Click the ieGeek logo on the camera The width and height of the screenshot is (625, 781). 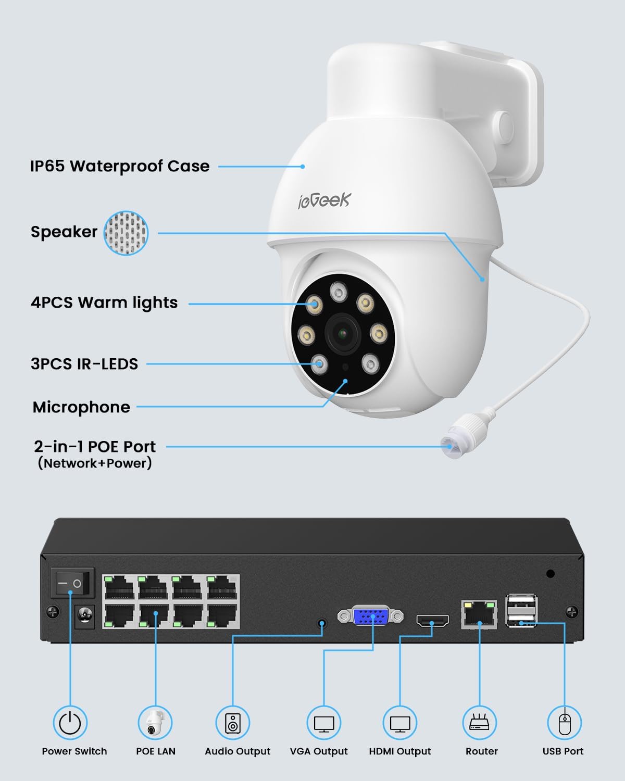[324, 200]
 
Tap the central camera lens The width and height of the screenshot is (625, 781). [343, 332]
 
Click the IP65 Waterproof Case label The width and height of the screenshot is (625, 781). [120, 166]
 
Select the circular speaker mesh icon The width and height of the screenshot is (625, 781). [126, 233]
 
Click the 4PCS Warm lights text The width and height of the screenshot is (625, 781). [104, 303]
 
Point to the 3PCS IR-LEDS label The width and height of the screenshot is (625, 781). [84, 363]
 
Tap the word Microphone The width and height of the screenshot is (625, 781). [81, 407]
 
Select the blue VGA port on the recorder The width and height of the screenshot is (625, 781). [371, 616]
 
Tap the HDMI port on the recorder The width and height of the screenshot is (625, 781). [432, 621]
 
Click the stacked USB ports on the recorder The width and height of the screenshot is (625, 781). [521, 611]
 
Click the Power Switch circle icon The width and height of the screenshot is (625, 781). [70, 723]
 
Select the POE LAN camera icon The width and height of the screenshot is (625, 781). [155, 723]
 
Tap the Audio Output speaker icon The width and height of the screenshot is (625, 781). [233, 723]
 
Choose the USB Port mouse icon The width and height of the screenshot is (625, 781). [564, 723]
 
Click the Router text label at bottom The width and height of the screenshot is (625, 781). [482, 751]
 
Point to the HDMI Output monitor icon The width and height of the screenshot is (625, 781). [400, 723]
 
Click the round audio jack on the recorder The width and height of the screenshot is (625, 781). [322, 623]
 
